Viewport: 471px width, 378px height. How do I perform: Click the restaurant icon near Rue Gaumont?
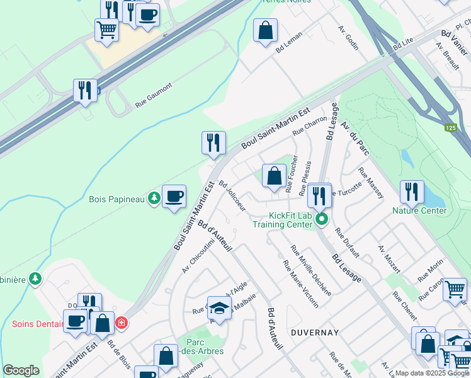pyautogui.click(x=84, y=90)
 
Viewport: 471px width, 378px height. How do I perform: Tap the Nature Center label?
pyautogui.click(x=419, y=210)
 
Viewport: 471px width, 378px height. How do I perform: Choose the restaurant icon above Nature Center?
pyautogui.click(x=412, y=192)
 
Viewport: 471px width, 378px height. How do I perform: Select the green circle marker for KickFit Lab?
pyautogui.click(x=321, y=220)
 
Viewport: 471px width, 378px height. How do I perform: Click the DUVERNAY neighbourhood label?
pyautogui.click(x=315, y=332)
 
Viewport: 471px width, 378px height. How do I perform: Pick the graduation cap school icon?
pyautogui.click(x=218, y=307)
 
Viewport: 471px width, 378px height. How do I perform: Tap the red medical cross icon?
pyautogui.click(x=122, y=323)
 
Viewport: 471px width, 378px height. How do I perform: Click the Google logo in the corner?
pyautogui.click(x=21, y=370)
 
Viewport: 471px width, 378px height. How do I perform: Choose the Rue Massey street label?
pyautogui.click(x=371, y=183)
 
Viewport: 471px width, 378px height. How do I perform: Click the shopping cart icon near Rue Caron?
pyautogui.click(x=455, y=290)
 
